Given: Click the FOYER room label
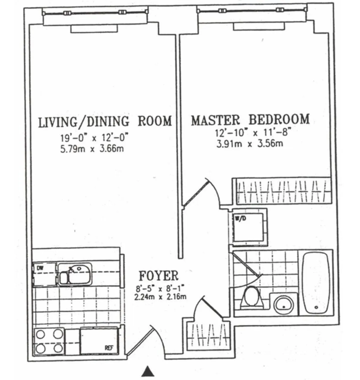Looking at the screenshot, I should pyautogui.click(x=158, y=275).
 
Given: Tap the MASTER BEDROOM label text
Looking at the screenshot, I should pyautogui.click(x=250, y=120).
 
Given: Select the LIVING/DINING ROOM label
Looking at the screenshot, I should pyautogui.click(x=105, y=122).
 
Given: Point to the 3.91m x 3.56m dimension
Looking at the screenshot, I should pyautogui.click(x=249, y=144).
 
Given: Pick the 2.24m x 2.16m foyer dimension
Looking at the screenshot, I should pyautogui.click(x=161, y=297).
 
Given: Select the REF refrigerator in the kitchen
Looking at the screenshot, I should pyautogui.click(x=99, y=341).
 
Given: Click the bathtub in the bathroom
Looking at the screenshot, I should pyautogui.click(x=316, y=283).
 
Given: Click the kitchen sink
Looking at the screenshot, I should pyautogui.click(x=74, y=273).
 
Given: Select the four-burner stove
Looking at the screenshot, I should pyautogui.click(x=49, y=341).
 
